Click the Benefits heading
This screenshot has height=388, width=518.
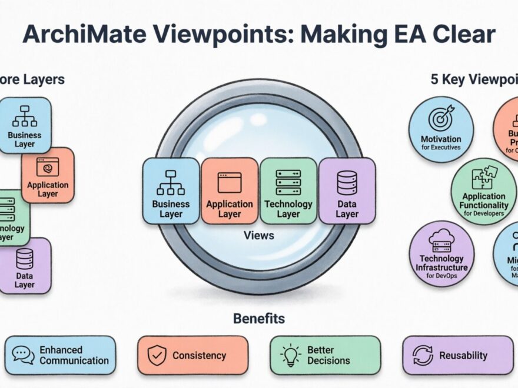pos(259,319)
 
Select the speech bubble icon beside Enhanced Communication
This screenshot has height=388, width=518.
pos(23,355)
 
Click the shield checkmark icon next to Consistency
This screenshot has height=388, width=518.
pos(156,355)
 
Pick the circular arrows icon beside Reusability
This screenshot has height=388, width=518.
pos(423,355)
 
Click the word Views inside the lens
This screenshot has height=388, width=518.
pos(258,235)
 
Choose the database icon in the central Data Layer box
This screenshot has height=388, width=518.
pos(347,182)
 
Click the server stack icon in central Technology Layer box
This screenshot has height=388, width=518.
pos(288,182)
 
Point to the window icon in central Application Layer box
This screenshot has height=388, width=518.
pos(230,182)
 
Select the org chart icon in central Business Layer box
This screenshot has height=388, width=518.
pos(171,182)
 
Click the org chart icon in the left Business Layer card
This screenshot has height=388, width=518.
pos(25,116)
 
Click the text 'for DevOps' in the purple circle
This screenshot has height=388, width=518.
pos(441,276)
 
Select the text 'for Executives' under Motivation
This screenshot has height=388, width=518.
pos(441,147)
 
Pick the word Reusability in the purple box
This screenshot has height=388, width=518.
pos(463,355)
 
